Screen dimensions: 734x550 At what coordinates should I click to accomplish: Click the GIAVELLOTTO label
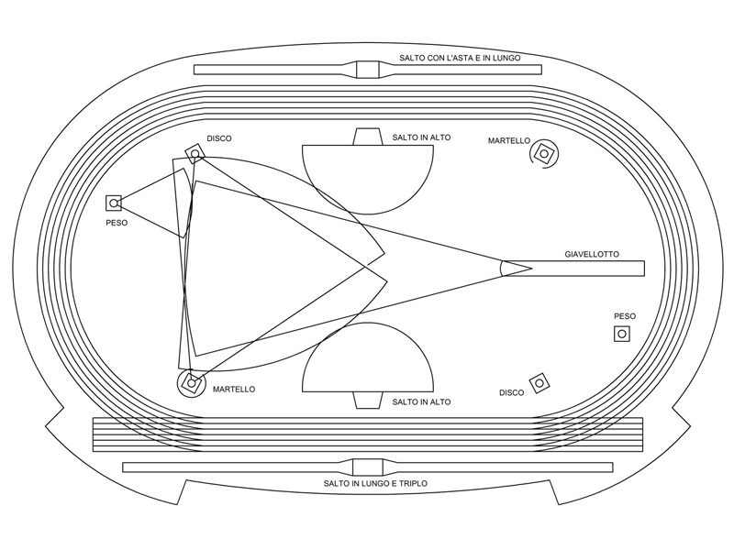[592, 255]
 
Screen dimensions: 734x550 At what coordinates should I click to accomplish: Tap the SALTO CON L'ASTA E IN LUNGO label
[460, 58]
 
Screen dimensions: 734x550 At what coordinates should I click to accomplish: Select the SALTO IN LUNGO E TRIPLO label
[375, 483]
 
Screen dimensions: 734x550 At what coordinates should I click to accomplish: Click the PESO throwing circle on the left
[114, 203]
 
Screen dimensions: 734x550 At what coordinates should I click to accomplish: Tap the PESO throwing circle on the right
[622, 334]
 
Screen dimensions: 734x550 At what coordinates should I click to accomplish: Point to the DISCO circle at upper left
[195, 153]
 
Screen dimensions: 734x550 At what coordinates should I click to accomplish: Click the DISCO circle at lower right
[539, 383]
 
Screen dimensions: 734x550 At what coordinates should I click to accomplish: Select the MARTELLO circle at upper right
[544, 153]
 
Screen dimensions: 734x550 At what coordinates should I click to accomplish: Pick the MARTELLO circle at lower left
[191, 383]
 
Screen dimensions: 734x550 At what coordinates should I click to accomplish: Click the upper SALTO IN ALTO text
[421, 137]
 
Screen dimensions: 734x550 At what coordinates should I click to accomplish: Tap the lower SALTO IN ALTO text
[421, 401]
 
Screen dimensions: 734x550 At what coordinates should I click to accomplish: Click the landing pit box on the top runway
[368, 70]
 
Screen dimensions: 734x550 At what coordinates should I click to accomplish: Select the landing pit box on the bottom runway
[368, 467]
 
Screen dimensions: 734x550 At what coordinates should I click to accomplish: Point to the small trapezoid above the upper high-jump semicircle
[368, 137]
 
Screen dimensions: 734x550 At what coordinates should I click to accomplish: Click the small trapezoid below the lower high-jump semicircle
[368, 401]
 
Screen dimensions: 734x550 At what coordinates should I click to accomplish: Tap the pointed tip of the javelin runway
[532, 269]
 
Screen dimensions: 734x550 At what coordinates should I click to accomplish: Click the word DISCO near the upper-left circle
[219, 138]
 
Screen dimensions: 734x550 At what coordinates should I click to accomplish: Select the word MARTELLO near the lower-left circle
[234, 389]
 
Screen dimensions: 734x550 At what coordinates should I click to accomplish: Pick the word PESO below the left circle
[117, 223]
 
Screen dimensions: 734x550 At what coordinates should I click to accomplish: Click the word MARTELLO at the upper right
[509, 141]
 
